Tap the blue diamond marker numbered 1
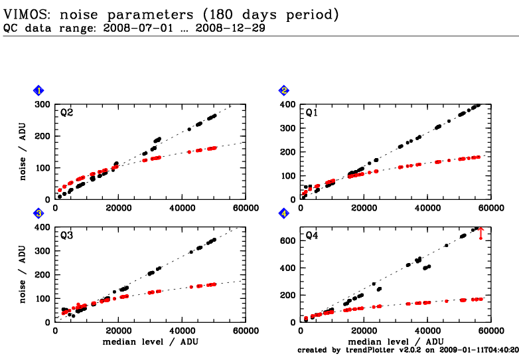click(x=39, y=90)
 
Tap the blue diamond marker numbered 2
click(x=284, y=90)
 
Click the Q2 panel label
click(x=67, y=112)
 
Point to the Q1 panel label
click(x=312, y=112)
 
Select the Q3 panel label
click(x=67, y=236)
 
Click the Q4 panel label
click(x=312, y=236)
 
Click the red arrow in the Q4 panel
click(x=481, y=233)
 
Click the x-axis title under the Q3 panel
click(x=151, y=341)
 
